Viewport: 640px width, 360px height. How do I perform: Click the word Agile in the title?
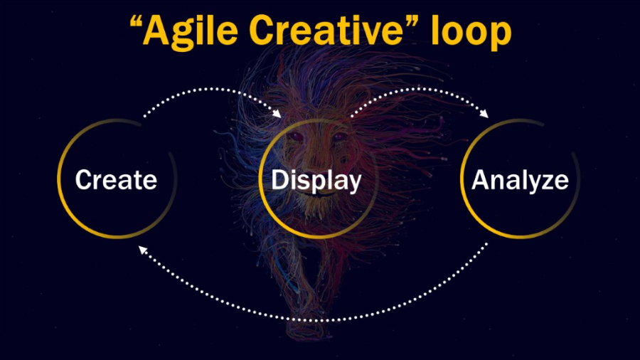[190, 31]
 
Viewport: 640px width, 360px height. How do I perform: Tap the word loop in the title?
[471, 33]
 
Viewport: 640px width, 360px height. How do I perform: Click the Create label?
[117, 179]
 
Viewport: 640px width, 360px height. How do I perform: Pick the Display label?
[316, 181]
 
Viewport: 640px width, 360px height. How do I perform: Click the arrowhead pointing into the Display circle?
[277, 113]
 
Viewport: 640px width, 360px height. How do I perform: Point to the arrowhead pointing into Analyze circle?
[484, 113]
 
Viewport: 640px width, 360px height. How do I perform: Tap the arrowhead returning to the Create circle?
[143, 250]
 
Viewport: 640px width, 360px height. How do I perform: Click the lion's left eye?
[297, 137]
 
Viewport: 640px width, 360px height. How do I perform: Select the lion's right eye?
[338, 137]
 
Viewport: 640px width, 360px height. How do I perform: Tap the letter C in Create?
[84, 179]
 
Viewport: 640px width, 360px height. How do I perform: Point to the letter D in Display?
[280, 179]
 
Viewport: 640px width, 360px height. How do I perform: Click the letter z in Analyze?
[547, 182]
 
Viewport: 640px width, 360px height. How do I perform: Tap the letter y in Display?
[353, 185]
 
